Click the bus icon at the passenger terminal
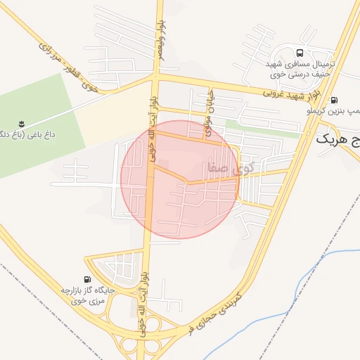point(301,53)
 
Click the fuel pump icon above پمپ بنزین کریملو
point(333,100)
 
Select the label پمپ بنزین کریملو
point(335,111)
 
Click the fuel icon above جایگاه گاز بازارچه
point(86,279)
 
